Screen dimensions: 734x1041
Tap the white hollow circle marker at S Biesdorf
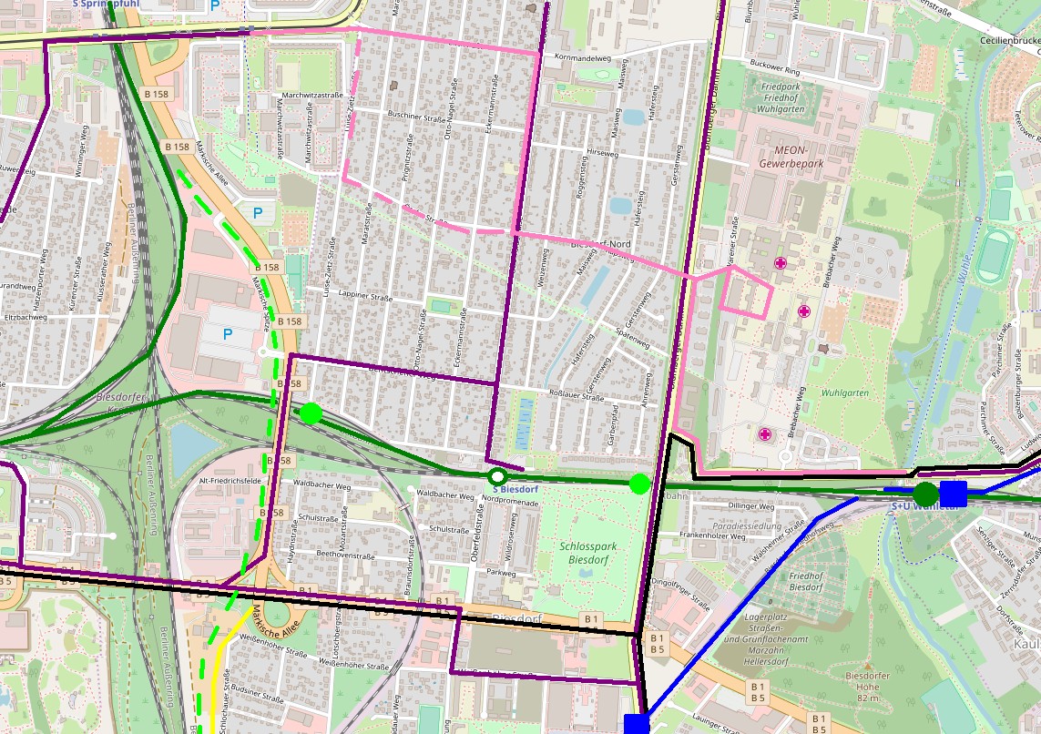(496, 476)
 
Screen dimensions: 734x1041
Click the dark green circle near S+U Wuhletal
(926, 494)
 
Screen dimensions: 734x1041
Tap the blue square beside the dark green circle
(953, 494)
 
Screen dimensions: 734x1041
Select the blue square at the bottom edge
(637, 724)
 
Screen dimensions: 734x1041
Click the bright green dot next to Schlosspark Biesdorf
(639, 484)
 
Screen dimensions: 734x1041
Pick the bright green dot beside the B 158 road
(311, 413)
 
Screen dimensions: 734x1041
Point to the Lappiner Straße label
(364, 297)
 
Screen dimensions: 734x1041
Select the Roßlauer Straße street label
(579, 397)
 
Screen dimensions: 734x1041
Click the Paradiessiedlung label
(722, 525)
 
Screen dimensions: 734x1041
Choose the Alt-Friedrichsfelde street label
(230, 479)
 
